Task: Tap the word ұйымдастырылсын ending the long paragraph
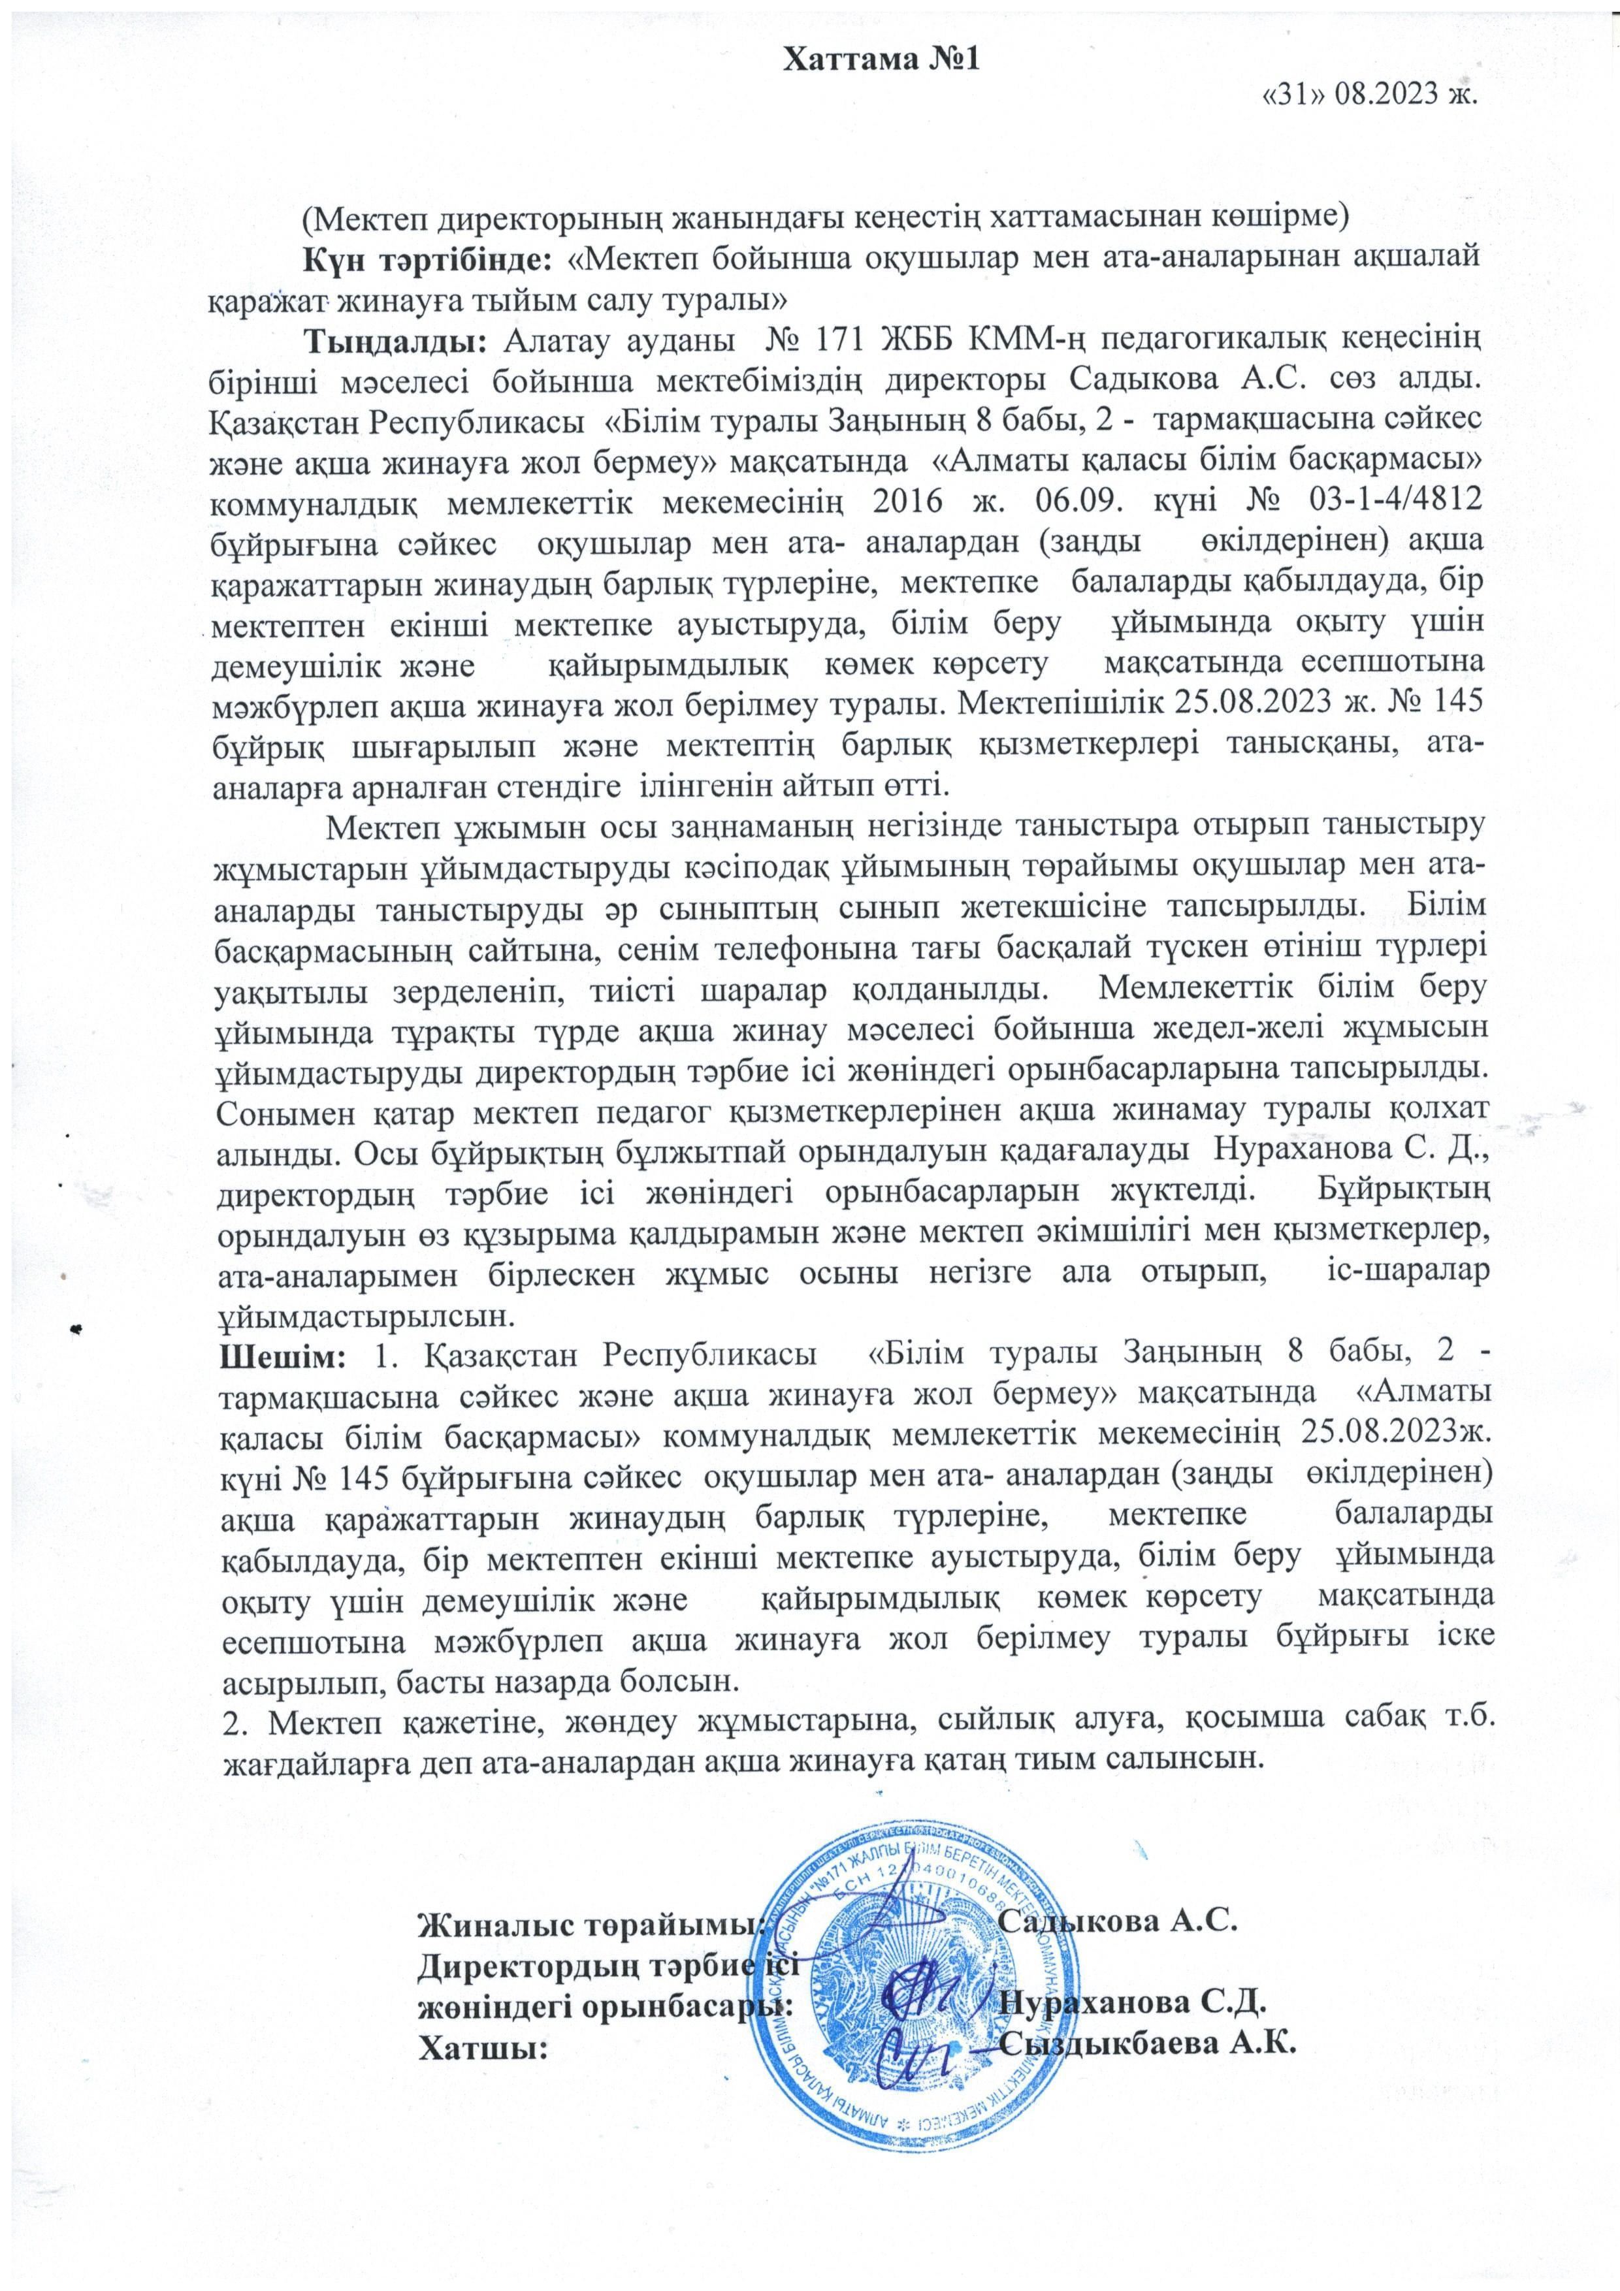pos(364,1316)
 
